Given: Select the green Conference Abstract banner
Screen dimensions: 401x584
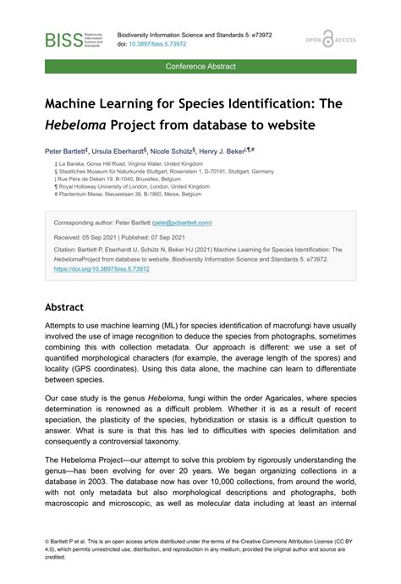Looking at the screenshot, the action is [x=200, y=66].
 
